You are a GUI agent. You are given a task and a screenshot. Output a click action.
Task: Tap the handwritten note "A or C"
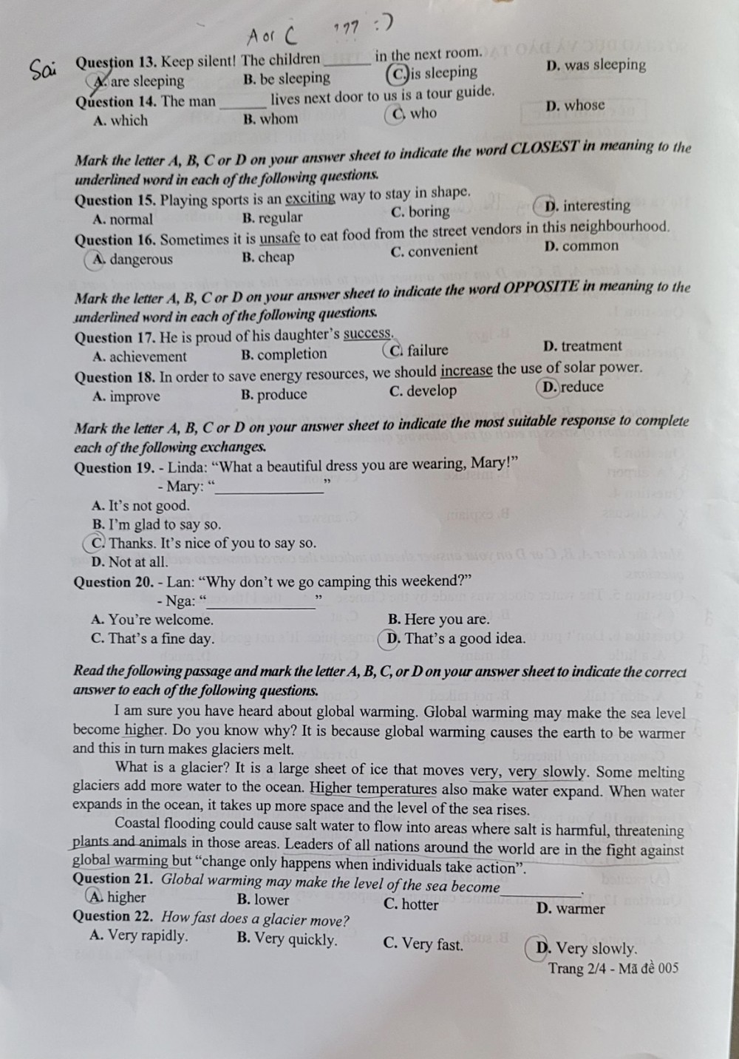(x=271, y=33)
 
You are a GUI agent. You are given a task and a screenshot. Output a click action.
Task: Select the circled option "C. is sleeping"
(x=433, y=73)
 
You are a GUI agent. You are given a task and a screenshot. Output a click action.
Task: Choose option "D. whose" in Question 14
(x=575, y=106)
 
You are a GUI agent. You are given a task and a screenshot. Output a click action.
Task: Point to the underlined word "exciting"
(x=310, y=198)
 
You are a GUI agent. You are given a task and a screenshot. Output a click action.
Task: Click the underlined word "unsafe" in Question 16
(x=279, y=238)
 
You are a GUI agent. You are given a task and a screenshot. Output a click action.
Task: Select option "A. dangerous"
(x=132, y=259)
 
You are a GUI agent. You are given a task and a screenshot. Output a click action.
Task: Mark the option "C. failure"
(x=418, y=351)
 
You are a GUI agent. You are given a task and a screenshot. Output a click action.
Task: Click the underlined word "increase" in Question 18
(x=466, y=371)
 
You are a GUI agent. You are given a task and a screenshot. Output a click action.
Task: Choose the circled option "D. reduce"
(x=572, y=387)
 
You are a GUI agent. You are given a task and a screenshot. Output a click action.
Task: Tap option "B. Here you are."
(x=438, y=619)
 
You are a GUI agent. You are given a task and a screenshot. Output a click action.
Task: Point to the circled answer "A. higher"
(x=118, y=897)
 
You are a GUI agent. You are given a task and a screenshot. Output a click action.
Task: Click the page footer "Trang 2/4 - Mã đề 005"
(x=613, y=969)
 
